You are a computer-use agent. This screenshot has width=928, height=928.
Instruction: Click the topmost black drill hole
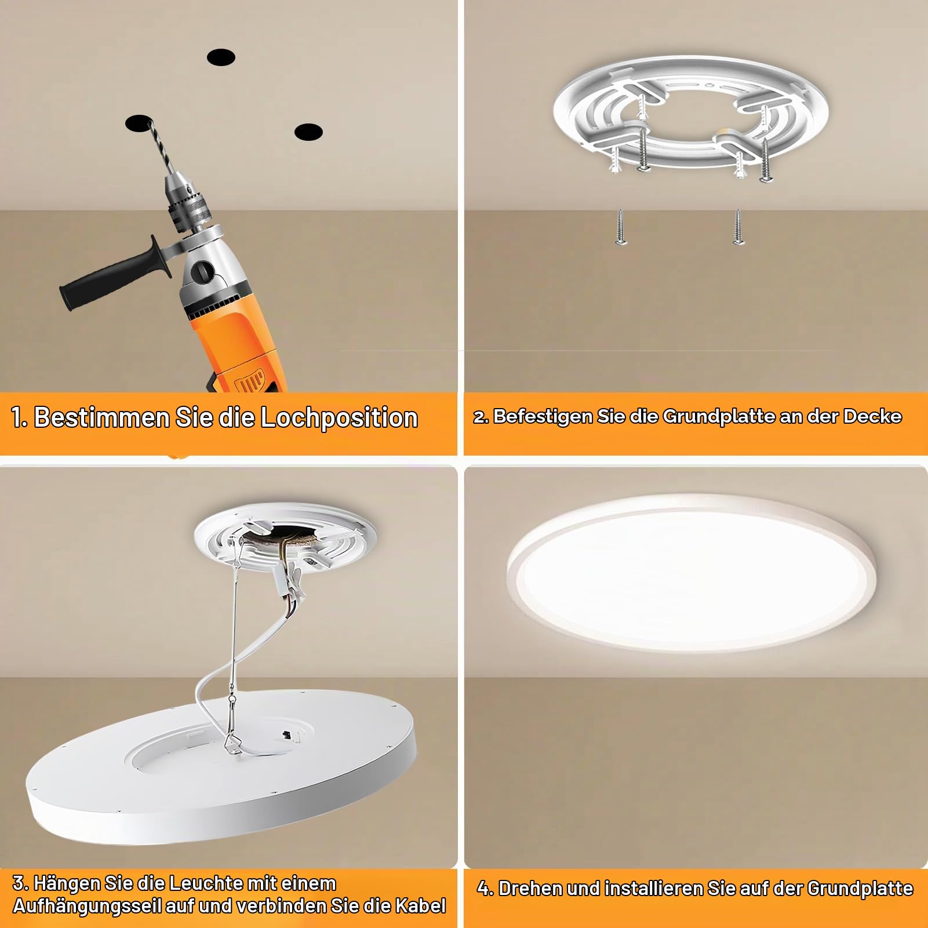click(221, 57)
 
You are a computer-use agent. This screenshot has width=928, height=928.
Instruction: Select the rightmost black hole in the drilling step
click(308, 132)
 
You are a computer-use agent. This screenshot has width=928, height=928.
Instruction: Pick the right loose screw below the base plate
click(737, 227)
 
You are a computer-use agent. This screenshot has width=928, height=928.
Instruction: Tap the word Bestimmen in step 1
click(101, 417)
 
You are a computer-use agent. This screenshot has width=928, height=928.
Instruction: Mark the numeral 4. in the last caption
click(485, 889)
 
